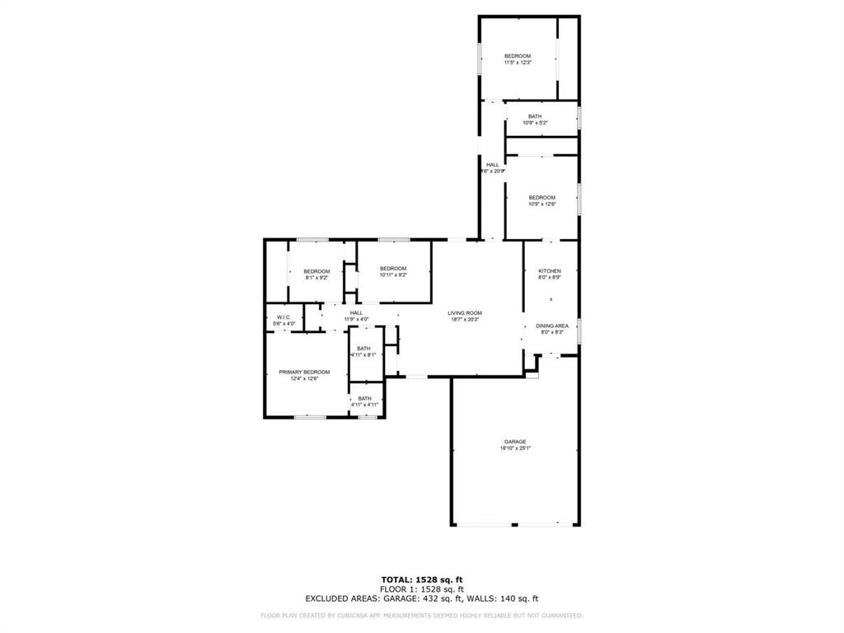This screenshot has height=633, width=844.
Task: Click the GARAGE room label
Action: pos(515,442)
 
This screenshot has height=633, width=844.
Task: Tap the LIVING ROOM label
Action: pos(465,313)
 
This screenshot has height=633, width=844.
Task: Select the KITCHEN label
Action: pos(550,271)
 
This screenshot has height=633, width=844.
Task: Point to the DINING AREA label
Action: pos(551,326)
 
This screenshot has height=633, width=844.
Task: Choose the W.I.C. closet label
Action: pos(284,317)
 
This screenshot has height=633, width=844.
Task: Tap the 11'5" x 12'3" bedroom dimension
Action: pos(518,63)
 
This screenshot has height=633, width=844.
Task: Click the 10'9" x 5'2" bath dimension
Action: pos(535,123)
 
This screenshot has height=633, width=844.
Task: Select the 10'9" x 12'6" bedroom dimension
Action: pos(542,204)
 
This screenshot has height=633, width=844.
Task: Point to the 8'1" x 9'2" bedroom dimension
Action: pos(316,279)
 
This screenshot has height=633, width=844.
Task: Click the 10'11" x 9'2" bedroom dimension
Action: pos(393,274)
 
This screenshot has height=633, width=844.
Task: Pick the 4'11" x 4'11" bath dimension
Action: pos(364,405)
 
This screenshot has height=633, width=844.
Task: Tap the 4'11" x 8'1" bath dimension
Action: pos(363,355)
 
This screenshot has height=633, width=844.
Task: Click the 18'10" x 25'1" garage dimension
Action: pos(515,448)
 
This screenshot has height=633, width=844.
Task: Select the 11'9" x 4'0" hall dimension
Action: pos(356,320)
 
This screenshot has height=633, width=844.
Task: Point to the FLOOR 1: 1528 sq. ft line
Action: pos(421,589)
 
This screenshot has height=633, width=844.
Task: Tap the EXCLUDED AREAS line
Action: pos(421,599)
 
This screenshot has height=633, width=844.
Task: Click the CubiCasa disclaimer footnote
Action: pos(421,615)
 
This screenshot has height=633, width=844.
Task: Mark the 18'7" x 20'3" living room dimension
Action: pos(465,320)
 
